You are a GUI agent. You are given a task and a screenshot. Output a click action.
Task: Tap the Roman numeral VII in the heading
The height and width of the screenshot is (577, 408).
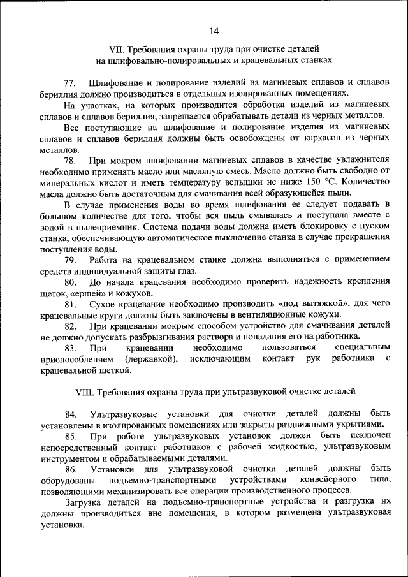click(117, 48)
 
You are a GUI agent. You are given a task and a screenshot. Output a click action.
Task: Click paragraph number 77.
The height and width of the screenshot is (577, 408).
click(70, 84)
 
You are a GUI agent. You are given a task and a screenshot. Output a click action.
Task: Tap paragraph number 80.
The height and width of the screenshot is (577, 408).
click(70, 282)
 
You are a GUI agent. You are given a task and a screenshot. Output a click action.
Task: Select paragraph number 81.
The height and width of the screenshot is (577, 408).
click(70, 304)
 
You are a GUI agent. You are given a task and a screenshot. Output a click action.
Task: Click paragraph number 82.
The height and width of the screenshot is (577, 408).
click(70, 326)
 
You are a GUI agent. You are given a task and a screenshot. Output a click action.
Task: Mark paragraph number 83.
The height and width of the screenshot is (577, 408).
click(70, 348)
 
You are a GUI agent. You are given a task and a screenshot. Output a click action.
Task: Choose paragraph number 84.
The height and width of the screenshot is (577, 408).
click(70, 414)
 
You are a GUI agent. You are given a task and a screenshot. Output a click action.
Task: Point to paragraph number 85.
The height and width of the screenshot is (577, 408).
click(70, 436)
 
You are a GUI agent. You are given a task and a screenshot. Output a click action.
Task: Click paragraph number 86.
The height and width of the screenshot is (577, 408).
click(70, 469)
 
